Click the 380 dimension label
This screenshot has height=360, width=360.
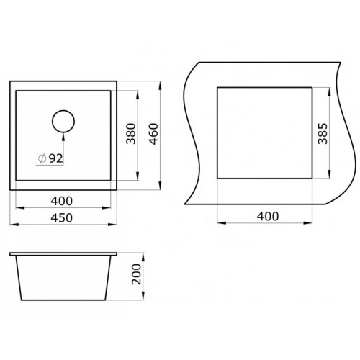[130, 134]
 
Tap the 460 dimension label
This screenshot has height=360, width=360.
[152, 134]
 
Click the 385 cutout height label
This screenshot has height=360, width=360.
[321, 132]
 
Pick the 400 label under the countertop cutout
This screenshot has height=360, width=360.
[265, 215]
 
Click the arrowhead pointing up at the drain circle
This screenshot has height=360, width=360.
[63, 134]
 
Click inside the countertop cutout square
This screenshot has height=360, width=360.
[264, 132]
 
